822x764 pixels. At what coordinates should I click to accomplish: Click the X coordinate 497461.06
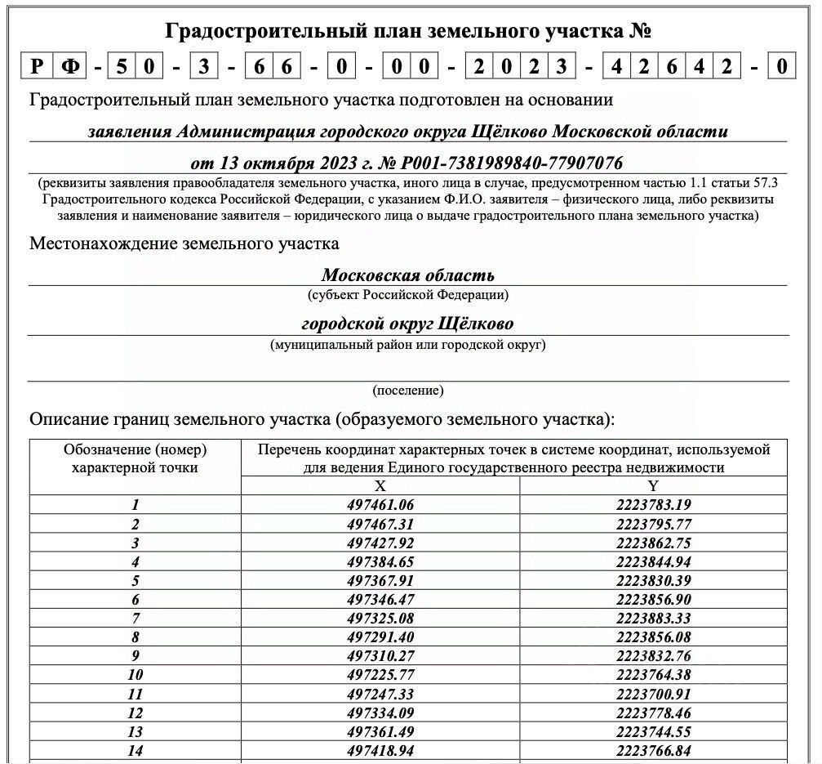380,505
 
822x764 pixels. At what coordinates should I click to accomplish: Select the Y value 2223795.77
653,524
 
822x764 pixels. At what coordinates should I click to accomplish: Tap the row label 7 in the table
136,618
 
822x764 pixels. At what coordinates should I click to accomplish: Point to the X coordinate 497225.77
380,674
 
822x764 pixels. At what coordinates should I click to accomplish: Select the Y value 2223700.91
653,693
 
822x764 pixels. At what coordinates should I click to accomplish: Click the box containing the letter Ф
70,65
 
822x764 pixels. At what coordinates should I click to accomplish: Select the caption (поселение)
407,390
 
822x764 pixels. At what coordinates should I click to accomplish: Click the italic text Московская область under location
407,275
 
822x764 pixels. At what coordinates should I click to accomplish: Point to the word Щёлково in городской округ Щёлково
476,323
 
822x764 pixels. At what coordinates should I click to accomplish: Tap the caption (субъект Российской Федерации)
407,294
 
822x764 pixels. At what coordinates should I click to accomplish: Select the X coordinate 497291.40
380,637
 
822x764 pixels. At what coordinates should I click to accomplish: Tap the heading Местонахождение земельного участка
184,243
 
